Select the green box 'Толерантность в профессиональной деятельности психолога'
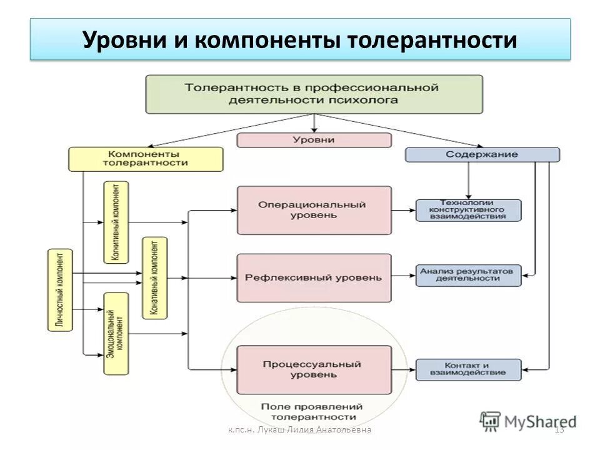click(x=314, y=94)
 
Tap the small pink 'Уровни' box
click(x=314, y=139)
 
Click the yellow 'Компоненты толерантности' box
click(x=145, y=159)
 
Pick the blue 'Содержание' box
click(x=482, y=154)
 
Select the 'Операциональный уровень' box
click(x=314, y=210)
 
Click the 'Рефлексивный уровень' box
click(x=314, y=277)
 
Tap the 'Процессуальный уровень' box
click(x=314, y=369)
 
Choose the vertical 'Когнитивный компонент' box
click(x=116, y=222)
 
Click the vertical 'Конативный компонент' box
click(x=154, y=277)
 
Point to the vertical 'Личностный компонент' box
click(x=60, y=289)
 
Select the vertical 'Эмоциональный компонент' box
click(x=116, y=333)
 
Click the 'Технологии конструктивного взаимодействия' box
click(x=468, y=210)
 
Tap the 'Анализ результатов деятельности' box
click(x=468, y=275)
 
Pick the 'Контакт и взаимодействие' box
click(x=468, y=369)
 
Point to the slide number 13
click(x=559, y=429)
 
